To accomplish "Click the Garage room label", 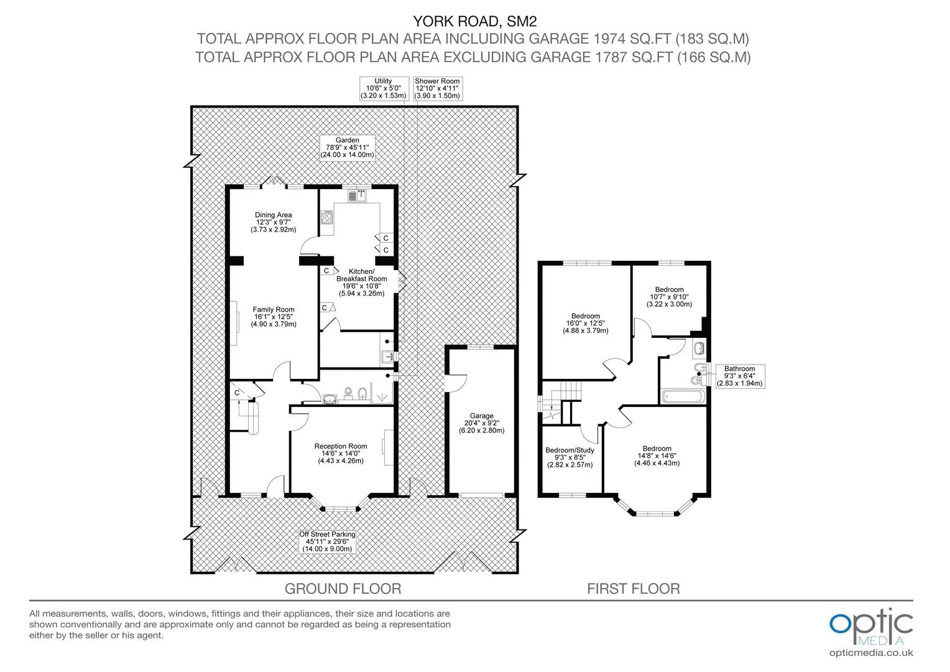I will [x=481, y=423].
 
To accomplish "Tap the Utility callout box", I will [x=383, y=88].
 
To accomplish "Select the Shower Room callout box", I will [x=437, y=88].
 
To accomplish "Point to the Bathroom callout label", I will [x=739, y=376].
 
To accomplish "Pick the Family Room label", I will [x=273, y=317].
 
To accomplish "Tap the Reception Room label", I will [x=340, y=454].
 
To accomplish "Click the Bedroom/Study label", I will [x=570, y=457].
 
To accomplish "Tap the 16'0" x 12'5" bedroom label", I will [x=585, y=324].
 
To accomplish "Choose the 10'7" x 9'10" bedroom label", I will [x=669, y=297].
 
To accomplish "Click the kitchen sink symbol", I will [x=358, y=196].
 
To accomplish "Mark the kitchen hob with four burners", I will [x=328, y=218].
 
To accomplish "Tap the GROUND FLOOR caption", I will [x=343, y=589].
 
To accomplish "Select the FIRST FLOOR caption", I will [x=634, y=589].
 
